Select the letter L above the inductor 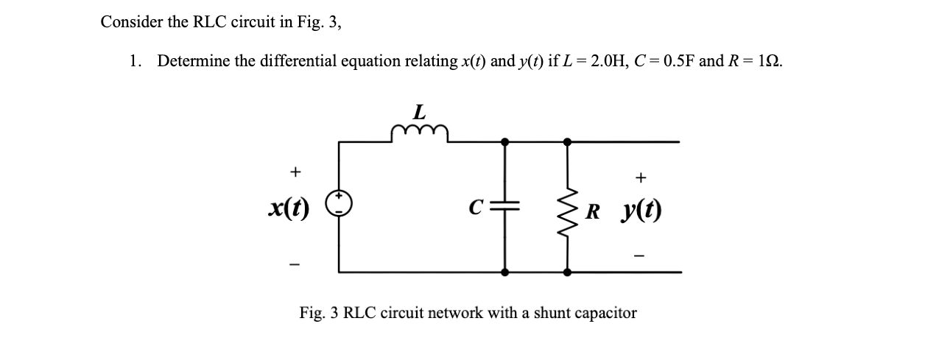(x=419, y=113)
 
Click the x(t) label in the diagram (x=288, y=209)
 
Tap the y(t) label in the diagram (x=640, y=212)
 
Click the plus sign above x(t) (x=295, y=172)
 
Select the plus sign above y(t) (x=641, y=177)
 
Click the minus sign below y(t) (x=640, y=256)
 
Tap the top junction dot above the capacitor (x=504, y=141)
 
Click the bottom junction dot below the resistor (x=567, y=272)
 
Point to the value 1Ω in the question (x=770, y=61)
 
